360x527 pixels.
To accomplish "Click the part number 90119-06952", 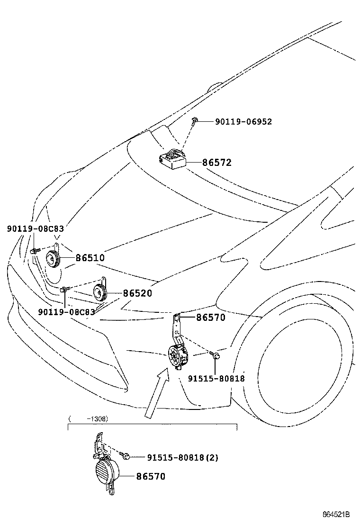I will pyautogui.click(x=243, y=122).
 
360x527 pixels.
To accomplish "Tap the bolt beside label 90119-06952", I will pyautogui.click(x=195, y=122).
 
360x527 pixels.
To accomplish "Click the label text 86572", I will pyautogui.click(x=217, y=163).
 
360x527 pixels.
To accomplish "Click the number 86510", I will pyautogui.click(x=90, y=258).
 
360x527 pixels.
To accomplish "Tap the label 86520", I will pyautogui.click(x=137, y=293).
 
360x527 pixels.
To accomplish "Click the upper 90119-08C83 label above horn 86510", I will pyautogui.click(x=36, y=228).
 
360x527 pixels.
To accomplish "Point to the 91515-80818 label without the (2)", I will pyautogui.click(x=216, y=378).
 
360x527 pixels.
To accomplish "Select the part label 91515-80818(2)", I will pyautogui.click(x=182, y=457).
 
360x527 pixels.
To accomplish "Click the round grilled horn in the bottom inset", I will pyautogui.click(x=105, y=472).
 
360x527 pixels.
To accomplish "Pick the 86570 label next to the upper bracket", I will pyautogui.click(x=211, y=318).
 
